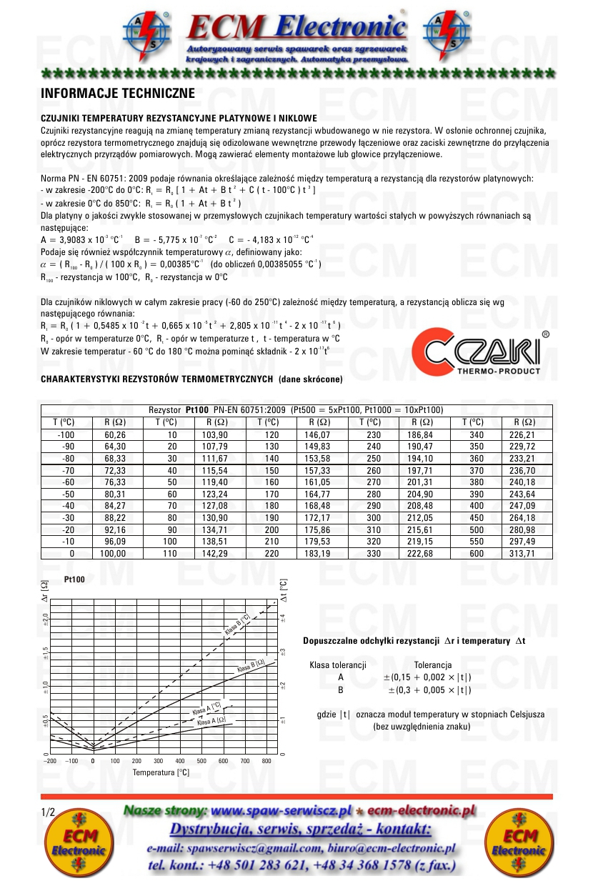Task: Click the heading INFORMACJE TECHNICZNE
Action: point(113,94)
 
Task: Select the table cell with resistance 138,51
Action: point(209,542)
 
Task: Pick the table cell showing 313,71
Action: point(519,554)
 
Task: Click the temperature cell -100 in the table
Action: point(66,434)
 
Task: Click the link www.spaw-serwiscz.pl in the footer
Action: point(283,811)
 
